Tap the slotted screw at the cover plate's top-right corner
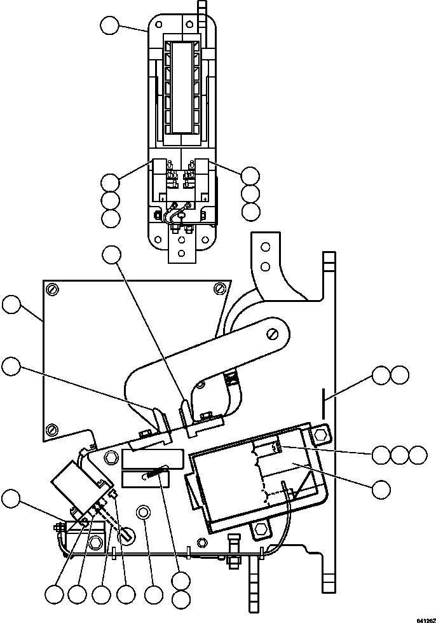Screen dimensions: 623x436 pos(219,289)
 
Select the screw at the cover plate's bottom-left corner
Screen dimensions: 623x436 pos(53,428)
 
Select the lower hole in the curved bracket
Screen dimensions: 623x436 pos(267,266)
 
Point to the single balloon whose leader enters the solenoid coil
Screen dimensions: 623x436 pos(381,488)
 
